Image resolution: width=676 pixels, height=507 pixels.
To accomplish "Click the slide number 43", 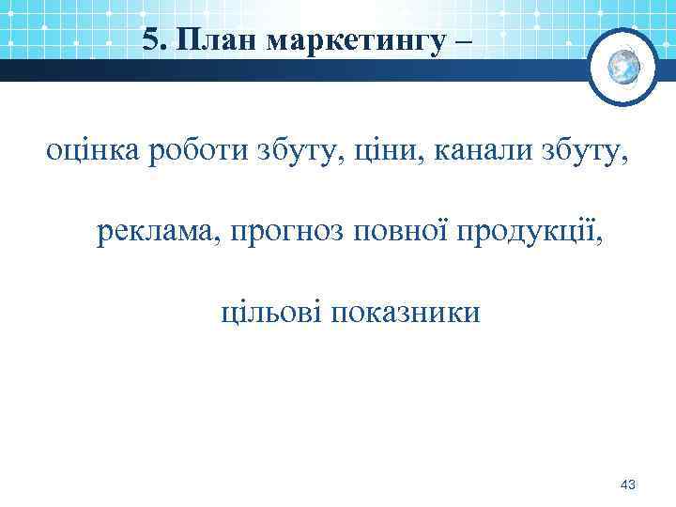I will pos(628,484).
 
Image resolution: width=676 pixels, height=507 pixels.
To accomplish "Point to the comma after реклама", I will pos(219,239).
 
